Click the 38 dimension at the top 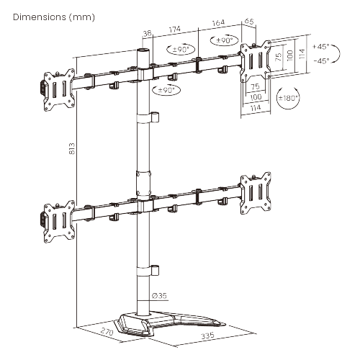147,33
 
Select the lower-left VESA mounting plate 58,217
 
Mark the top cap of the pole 144,52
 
